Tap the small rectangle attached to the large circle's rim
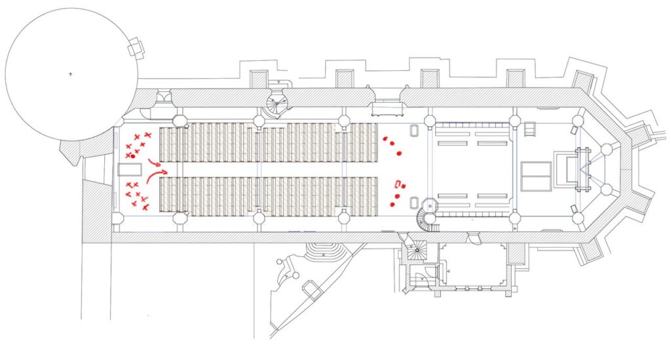pos(136,47)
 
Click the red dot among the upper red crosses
pos(132,157)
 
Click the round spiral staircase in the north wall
pos(278,101)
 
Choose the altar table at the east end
pos(567,168)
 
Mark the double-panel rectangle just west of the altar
pos(536,176)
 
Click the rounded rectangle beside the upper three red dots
pos(414,130)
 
